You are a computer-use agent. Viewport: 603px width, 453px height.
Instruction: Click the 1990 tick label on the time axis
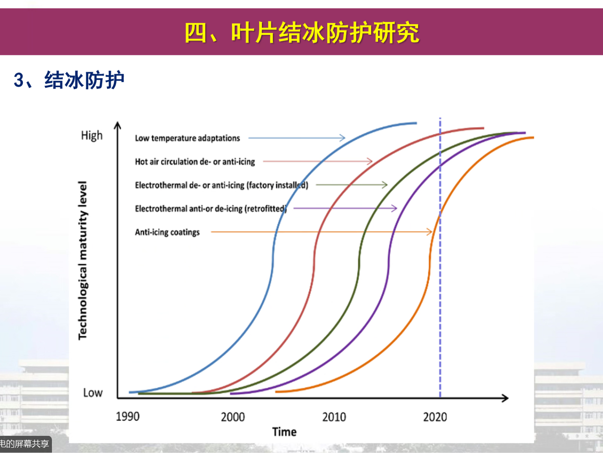pyautogui.click(x=128, y=417)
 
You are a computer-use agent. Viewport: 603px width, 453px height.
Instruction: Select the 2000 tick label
pyautogui.click(x=232, y=417)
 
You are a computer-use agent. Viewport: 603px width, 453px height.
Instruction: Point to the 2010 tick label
pyautogui.click(x=334, y=417)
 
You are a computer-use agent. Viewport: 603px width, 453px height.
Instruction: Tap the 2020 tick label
pyautogui.click(x=435, y=417)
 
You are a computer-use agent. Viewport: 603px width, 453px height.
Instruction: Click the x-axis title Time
pyautogui.click(x=284, y=432)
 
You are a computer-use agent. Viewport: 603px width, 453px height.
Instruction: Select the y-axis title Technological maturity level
pyautogui.click(x=83, y=260)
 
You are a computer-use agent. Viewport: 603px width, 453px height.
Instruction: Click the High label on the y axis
pyautogui.click(x=91, y=136)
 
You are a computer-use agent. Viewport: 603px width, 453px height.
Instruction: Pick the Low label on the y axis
pyautogui.click(x=92, y=393)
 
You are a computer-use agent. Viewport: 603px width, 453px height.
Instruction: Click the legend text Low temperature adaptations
pyautogui.click(x=187, y=138)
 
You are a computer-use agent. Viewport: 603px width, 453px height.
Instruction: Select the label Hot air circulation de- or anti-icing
pyautogui.click(x=195, y=161)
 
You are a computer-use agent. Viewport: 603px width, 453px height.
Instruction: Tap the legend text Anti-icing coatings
pyautogui.click(x=167, y=232)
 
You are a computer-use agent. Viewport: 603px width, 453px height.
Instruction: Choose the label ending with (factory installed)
pyautogui.click(x=221, y=185)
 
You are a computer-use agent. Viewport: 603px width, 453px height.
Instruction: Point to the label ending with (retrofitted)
pyautogui.click(x=211, y=209)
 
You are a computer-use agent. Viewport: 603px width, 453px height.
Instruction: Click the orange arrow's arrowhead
pyautogui.click(x=430, y=232)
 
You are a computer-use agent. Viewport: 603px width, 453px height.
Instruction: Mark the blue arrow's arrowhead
pyautogui.click(x=342, y=138)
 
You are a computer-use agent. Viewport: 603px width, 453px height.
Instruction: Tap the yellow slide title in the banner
pyautogui.click(x=302, y=32)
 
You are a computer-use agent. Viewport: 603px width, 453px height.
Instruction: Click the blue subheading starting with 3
pyautogui.click(x=69, y=81)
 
